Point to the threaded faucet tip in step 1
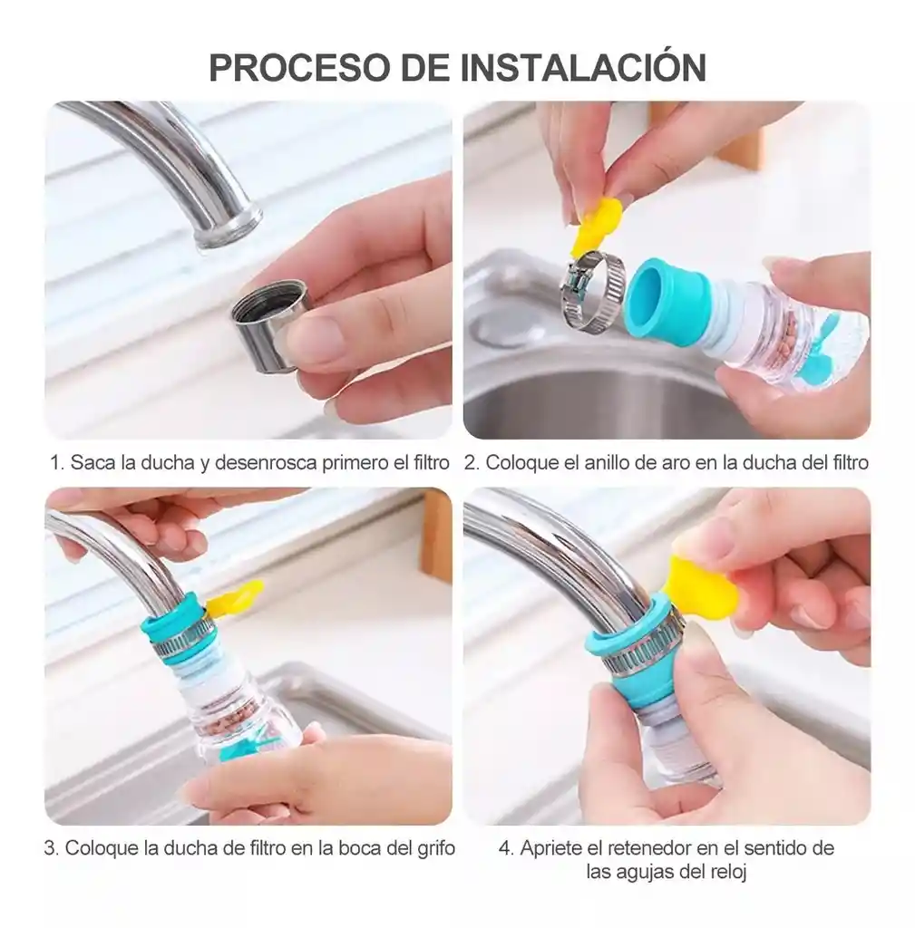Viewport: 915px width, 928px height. [x=228, y=227]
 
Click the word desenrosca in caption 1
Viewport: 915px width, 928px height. [x=266, y=462]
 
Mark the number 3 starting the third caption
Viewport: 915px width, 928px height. [x=50, y=848]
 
